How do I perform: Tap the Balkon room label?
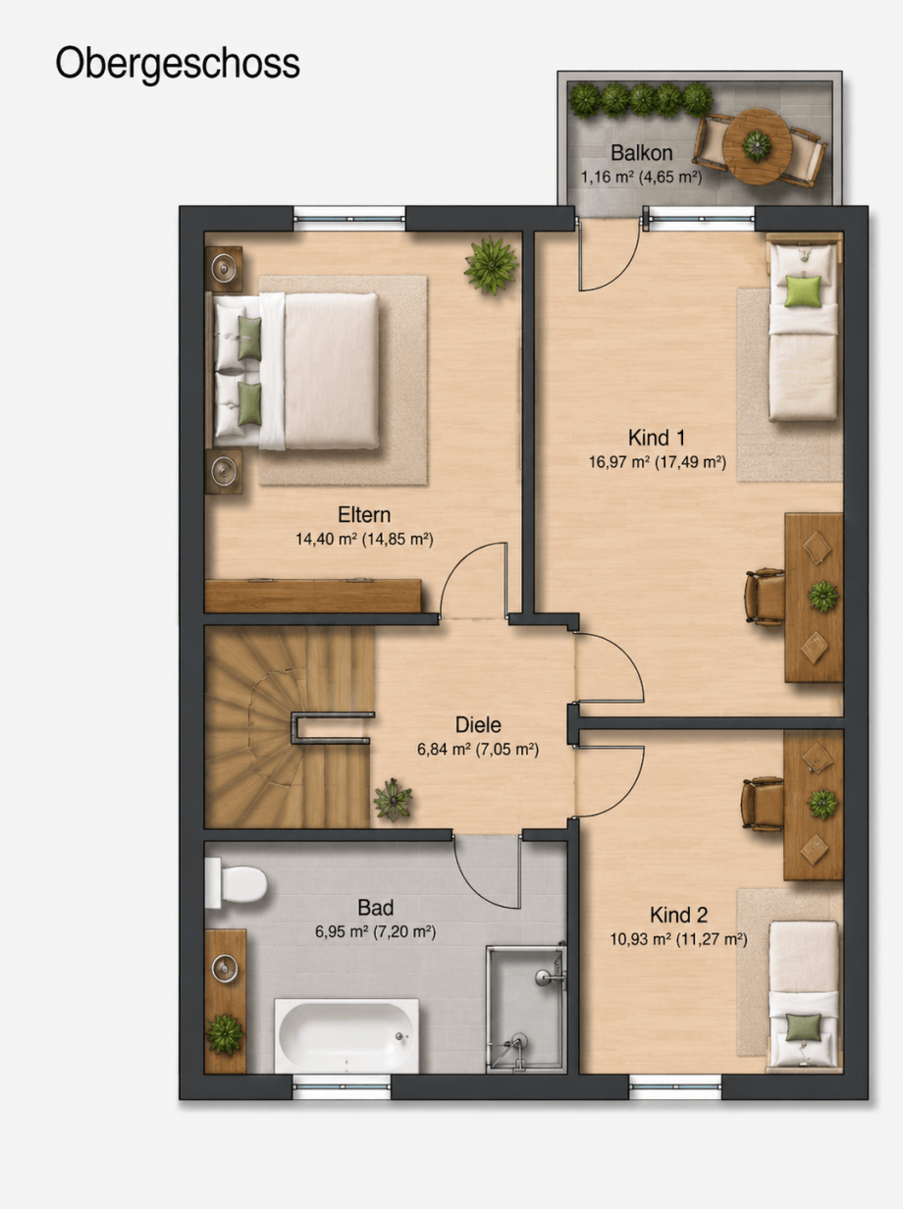pos(641,152)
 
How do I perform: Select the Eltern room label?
pos(364,514)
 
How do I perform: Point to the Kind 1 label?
pos(657,438)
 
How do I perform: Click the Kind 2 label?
pos(678,915)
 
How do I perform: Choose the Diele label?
pos(478,725)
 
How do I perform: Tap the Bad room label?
pos(375,907)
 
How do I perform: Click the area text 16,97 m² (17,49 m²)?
pos(658,461)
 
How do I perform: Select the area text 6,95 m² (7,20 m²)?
pos(375,931)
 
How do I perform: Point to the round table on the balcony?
pos(756,145)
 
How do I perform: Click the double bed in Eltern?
pos(292,371)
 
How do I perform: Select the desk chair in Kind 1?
pos(765,598)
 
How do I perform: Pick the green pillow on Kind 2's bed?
pos(803,1027)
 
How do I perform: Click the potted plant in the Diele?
pos(393,800)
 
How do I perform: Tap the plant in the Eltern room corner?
pos(491,266)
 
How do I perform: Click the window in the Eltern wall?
pos(349,218)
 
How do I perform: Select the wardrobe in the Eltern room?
pos(313,596)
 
